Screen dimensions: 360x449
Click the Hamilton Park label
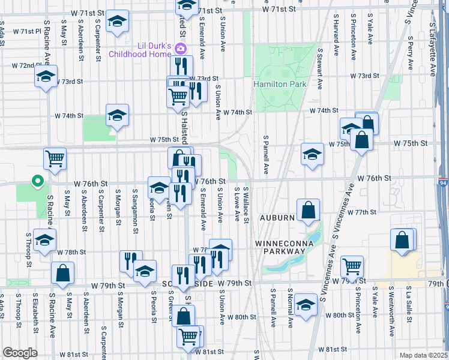[x=280, y=84]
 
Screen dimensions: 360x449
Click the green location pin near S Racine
[x=37, y=180]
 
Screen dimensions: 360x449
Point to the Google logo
[x=20, y=353]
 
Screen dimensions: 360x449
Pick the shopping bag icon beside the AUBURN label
[x=307, y=210]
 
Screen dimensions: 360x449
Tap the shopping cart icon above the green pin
[x=54, y=158]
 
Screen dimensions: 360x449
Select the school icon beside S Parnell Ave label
[x=312, y=153]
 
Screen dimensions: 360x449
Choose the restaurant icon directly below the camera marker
[x=180, y=65]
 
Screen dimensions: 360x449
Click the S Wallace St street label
[x=246, y=204]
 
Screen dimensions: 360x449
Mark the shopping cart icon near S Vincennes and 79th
[x=352, y=265]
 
